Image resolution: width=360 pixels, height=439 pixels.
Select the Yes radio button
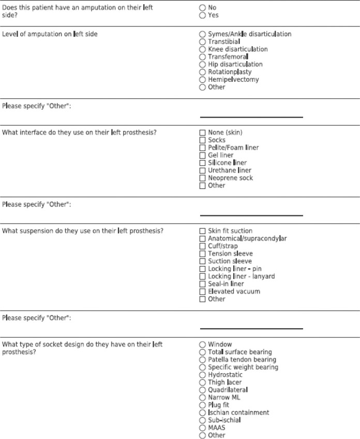202,16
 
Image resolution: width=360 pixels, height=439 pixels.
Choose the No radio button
202,8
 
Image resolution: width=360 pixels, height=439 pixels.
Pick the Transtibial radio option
202,42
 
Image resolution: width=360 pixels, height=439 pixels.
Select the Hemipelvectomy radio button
202,80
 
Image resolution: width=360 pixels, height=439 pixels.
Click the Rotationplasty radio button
202,72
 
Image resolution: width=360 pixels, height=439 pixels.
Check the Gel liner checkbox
202,155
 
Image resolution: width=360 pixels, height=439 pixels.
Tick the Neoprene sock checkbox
202,178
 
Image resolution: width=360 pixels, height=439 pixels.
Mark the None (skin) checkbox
202,133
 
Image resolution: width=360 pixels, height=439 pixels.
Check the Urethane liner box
202,170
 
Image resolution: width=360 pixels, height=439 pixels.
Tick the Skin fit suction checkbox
202,231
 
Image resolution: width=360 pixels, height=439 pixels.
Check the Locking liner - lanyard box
202,276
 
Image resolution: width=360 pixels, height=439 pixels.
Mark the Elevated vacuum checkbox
202,291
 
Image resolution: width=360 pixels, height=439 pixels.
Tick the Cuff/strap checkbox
202,246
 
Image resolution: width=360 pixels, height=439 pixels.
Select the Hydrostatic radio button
202,375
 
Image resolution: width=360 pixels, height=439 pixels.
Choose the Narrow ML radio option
202,398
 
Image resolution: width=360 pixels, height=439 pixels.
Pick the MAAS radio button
202,428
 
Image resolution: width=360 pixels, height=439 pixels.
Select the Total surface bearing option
202,352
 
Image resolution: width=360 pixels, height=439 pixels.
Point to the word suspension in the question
34,231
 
